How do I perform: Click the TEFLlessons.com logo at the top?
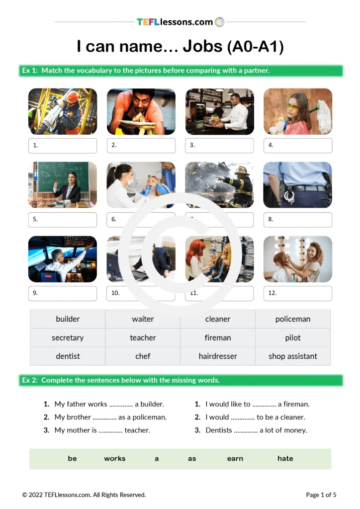(180, 22)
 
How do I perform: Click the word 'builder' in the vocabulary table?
(68, 319)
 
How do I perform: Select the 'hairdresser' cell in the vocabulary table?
(218, 356)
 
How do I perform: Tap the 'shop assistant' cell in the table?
(293, 356)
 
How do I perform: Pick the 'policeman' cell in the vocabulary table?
(293, 319)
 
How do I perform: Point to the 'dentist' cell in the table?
(68, 356)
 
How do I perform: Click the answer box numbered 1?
(63, 146)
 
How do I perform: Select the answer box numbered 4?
(298, 146)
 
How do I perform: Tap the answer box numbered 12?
(298, 293)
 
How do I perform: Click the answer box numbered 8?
(298, 219)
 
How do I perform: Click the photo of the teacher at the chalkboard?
(63, 184)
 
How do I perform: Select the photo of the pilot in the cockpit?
(63, 258)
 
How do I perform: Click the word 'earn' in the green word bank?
(235, 458)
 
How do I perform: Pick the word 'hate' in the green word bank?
(285, 458)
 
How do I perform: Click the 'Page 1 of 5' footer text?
(321, 495)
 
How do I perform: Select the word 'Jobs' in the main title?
(202, 46)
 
